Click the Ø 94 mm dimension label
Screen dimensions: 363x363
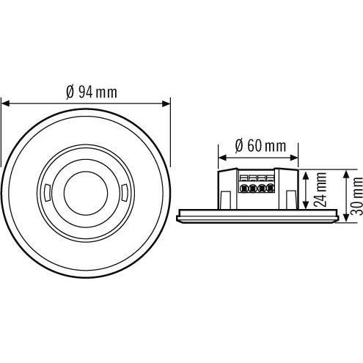[91, 92]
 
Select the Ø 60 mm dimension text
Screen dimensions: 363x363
[260, 145]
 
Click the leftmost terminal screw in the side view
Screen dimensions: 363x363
[243, 188]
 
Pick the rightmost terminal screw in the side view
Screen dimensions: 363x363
[269, 188]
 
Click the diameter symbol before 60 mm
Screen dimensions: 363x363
[239, 145]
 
